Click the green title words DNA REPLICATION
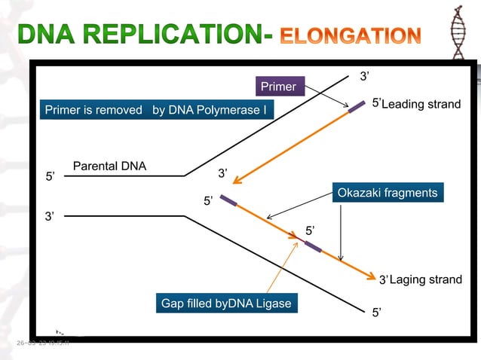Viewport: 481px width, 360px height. (139, 35)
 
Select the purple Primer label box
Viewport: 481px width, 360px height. (278, 88)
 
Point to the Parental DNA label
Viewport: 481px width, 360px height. (109, 166)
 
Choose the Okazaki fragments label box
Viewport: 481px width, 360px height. (387, 194)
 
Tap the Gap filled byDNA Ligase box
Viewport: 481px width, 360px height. (225, 304)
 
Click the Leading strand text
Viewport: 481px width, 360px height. (421, 104)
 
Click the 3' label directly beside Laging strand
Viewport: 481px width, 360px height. (383, 280)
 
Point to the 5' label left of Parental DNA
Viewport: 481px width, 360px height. (51, 178)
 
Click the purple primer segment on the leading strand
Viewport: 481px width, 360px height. (356, 107)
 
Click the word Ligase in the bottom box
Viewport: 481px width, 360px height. (274, 304)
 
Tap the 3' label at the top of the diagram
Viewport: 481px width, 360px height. (363, 76)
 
